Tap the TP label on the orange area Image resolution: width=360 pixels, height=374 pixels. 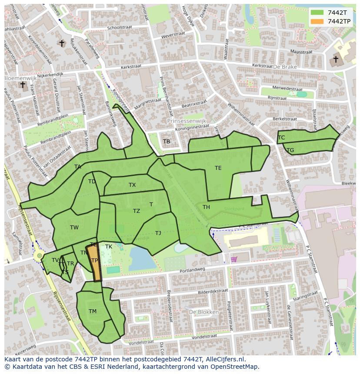coord(94,261)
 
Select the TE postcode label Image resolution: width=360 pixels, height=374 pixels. coord(218,168)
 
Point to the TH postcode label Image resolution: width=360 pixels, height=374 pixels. coord(206,207)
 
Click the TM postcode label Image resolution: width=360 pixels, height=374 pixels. coord(92,311)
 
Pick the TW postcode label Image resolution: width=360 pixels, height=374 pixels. coord(74,228)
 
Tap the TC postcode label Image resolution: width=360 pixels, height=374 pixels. coord(281,138)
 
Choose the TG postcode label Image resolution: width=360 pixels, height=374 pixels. coord(290,150)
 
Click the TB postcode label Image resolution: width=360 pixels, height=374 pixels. coord(167,142)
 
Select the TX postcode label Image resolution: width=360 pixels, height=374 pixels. coord(132,185)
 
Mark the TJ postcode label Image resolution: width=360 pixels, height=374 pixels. coord(158,233)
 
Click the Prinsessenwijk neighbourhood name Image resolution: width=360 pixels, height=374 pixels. coord(187,121)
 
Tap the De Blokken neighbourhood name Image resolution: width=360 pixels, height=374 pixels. coord(203,312)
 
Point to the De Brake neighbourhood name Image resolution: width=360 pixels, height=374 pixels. coord(285,67)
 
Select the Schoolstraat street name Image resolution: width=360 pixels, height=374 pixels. coord(119,27)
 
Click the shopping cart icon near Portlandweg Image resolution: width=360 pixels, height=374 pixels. coord(234,259)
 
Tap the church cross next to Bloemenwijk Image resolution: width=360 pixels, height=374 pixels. coord(23,85)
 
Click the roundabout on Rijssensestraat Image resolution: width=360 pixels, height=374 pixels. coord(40,256)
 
